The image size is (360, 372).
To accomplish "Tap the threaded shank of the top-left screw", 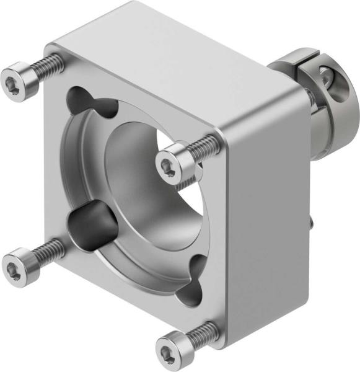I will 46,66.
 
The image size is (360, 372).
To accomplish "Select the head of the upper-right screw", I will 170,162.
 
